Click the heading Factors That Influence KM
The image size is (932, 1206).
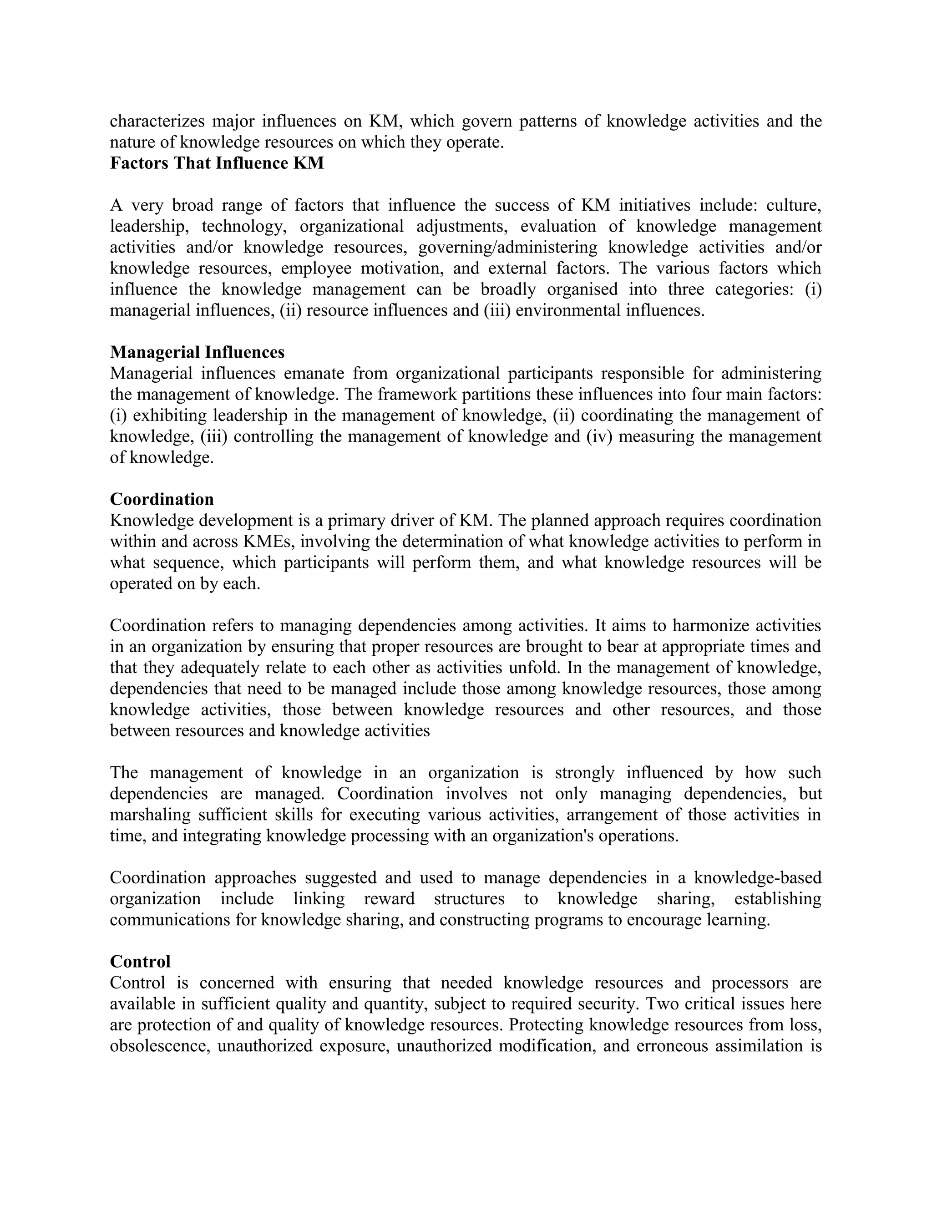(x=217, y=163)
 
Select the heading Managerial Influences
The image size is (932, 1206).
(x=197, y=352)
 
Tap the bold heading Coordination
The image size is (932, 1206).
(x=162, y=499)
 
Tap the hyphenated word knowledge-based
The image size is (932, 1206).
(x=758, y=877)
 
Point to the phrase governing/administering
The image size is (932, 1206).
(x=507, y=248)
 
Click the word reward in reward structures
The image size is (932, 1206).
(x=389, y=898)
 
